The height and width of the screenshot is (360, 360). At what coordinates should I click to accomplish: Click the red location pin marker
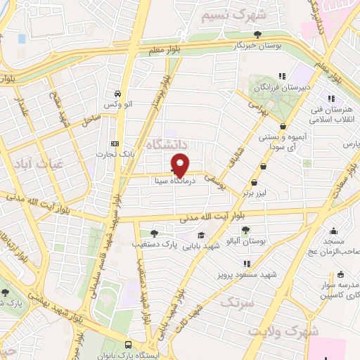181,166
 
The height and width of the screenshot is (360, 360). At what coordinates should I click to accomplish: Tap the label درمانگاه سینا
175,180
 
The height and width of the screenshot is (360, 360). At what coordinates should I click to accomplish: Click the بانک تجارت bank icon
115,143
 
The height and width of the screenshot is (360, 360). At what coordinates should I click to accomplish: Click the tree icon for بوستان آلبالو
245,230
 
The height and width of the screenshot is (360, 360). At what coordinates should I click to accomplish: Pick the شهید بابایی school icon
202,236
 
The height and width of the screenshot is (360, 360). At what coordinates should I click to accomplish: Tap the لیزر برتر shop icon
263,167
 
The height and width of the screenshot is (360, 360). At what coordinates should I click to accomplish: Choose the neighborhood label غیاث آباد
27,162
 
